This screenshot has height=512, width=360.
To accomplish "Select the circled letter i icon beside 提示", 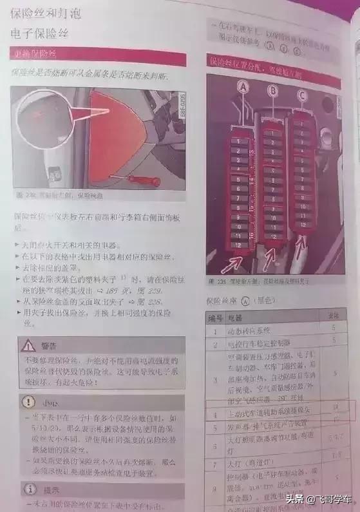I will (x=28, y=486).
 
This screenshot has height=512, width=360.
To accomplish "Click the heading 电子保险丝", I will (x=41, y=32).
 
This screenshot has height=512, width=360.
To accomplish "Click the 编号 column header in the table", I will (x=214, y=318).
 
